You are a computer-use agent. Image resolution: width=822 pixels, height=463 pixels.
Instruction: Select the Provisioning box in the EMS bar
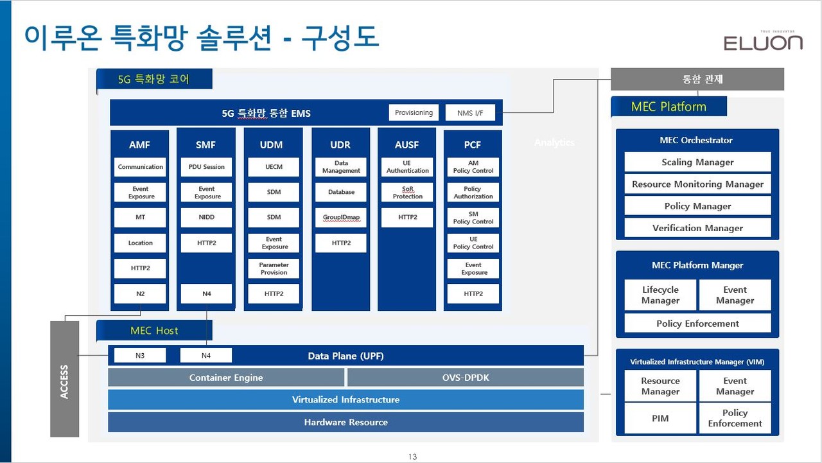414,112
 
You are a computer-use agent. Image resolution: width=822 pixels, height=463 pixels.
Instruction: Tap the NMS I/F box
470,113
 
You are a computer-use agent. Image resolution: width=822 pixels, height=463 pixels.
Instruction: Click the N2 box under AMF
140,293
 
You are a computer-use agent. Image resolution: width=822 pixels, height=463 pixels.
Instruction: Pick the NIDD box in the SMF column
206,218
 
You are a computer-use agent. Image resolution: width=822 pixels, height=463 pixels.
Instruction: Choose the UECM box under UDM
274,167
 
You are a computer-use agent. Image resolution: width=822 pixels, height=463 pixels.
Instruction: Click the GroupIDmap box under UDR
341,218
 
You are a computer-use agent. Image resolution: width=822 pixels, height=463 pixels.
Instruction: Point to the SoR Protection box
407,193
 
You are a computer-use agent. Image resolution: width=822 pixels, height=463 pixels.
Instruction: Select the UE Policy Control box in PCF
473,243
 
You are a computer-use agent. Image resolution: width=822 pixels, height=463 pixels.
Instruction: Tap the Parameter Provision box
274,268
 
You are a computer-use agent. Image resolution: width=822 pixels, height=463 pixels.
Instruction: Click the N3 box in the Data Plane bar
140,355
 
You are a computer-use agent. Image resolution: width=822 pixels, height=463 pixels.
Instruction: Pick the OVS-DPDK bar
466,378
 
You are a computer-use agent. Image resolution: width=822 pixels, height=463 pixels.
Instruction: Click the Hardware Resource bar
345,423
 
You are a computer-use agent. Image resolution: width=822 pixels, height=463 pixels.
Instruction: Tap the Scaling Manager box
697,162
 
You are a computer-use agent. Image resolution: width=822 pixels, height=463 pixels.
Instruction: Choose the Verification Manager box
697,228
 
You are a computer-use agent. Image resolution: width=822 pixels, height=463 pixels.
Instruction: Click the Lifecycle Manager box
660,295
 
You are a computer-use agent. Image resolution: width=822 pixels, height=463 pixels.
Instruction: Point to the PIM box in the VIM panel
660,418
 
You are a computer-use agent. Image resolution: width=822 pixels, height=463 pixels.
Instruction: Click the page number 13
412,457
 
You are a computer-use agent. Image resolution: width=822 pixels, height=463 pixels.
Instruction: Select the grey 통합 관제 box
697,80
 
